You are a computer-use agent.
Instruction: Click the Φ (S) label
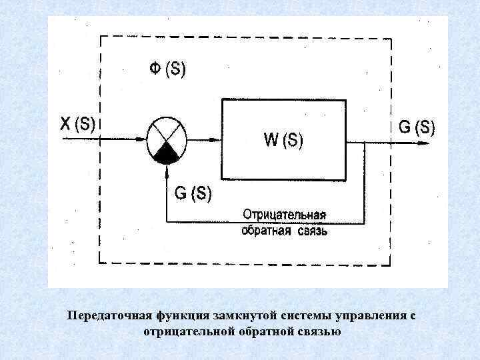(x=167, y=69)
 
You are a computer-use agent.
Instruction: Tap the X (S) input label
(x=77, y=123)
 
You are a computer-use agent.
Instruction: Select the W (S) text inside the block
(x=283, y=140)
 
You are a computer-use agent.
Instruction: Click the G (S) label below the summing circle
(x=193, y=193)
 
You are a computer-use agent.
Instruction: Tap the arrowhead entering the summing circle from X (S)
(x=141, y=139)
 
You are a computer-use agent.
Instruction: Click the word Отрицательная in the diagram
(x=285, y=215)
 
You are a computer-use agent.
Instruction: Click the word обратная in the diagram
(x=265, y=231)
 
